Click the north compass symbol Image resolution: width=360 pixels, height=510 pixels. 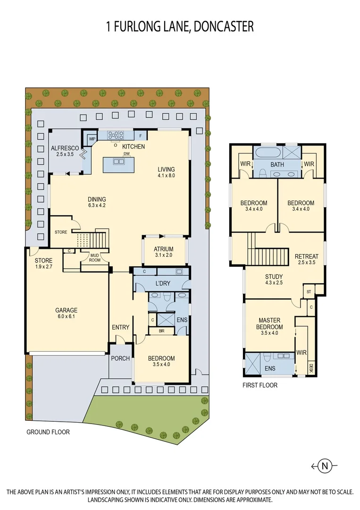pos(325,466)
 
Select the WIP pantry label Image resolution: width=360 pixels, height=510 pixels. pos(92,139)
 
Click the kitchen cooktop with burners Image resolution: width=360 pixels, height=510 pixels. pos(115,136)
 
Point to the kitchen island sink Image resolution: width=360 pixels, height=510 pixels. pos(119,161)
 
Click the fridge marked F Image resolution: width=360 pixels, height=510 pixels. pos(141,136)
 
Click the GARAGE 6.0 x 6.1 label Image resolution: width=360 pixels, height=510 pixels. pos(67,314)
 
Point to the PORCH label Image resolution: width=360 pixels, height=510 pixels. pos(120,358)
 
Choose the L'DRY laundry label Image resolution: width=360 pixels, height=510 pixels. pos(162,284)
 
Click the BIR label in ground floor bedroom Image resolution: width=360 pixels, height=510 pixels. pos(162,331)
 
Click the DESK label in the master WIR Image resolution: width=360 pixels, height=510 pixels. pos(310,368)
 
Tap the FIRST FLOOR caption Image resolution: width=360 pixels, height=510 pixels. pos(260,385)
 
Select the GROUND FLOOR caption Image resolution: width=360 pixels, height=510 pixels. pos(48,432)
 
